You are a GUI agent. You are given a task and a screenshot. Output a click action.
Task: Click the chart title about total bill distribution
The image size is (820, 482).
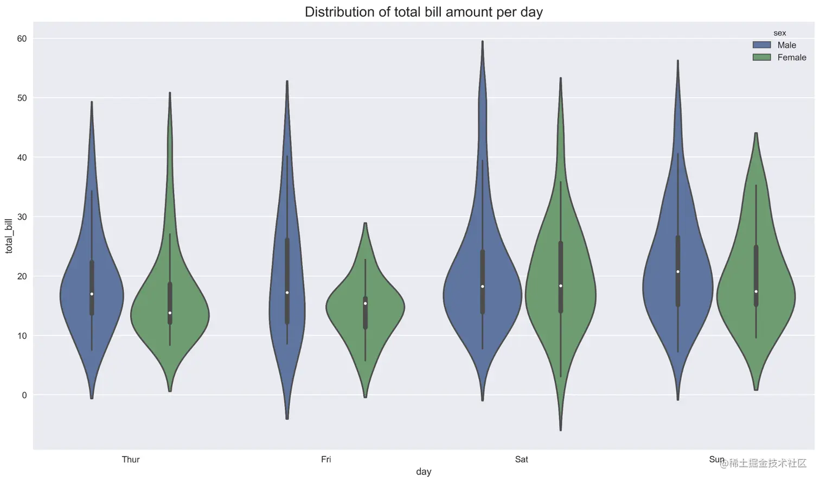tap(424, 12)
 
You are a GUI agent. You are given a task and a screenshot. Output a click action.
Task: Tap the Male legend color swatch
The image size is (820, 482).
tap(761, 45)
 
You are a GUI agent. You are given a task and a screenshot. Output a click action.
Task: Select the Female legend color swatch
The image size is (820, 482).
tap(761, 58)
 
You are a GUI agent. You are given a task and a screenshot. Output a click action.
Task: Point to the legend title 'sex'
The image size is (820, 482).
tap(779, 33)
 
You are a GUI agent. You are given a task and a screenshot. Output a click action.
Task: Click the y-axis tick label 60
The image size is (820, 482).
tap(22, 39)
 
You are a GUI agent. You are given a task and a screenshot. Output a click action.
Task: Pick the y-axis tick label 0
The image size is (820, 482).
tap(24, 395)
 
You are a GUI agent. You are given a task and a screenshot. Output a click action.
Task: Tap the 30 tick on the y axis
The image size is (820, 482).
tap(22, 217)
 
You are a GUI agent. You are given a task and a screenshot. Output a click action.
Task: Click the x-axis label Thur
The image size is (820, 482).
tap(131, 459)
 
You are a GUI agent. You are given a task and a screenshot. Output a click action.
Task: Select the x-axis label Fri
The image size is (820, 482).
tap(326, 459)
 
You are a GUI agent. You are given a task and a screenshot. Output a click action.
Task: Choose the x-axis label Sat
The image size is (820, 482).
tap(521, 459)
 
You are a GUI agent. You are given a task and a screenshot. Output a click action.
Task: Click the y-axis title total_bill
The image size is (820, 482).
tap(9, 236)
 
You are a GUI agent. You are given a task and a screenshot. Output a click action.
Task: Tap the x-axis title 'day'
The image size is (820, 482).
tap(424, 472)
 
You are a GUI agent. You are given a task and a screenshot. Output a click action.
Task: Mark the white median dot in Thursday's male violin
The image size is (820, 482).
tap(92, 294)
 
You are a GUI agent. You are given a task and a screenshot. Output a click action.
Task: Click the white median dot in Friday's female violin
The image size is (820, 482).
tap(365, 303)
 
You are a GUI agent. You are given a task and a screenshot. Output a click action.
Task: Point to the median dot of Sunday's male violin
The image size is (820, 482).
tap(678, 271)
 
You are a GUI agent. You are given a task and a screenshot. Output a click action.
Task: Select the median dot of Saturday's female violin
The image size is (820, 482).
tap(560, 286)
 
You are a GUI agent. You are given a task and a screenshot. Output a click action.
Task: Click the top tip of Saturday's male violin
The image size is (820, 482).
tap(482, 41)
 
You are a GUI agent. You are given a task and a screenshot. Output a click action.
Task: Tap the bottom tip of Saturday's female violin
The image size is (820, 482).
tap(560, 430)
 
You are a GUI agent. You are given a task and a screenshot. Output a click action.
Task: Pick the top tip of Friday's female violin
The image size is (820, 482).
tap(365, 223)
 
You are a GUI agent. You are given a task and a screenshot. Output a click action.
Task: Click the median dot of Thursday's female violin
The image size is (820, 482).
tap(170, 313)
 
